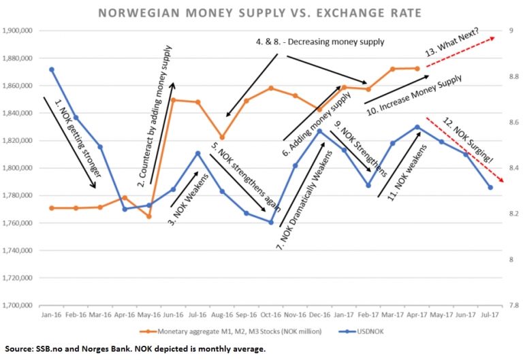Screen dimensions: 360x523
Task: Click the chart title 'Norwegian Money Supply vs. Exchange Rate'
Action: click(x=261, y=12)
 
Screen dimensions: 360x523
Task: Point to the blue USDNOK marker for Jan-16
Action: click(x=52, y=69)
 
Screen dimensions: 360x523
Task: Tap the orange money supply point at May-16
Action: click(x=149, y=216)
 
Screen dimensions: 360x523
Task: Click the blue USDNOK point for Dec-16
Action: click(x=320, y=131)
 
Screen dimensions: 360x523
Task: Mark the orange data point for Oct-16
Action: click(x=271, y=88)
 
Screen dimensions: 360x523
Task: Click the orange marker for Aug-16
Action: click(x=222, y=137)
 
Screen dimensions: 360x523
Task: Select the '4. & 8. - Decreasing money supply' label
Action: click(x=320, y=42)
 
